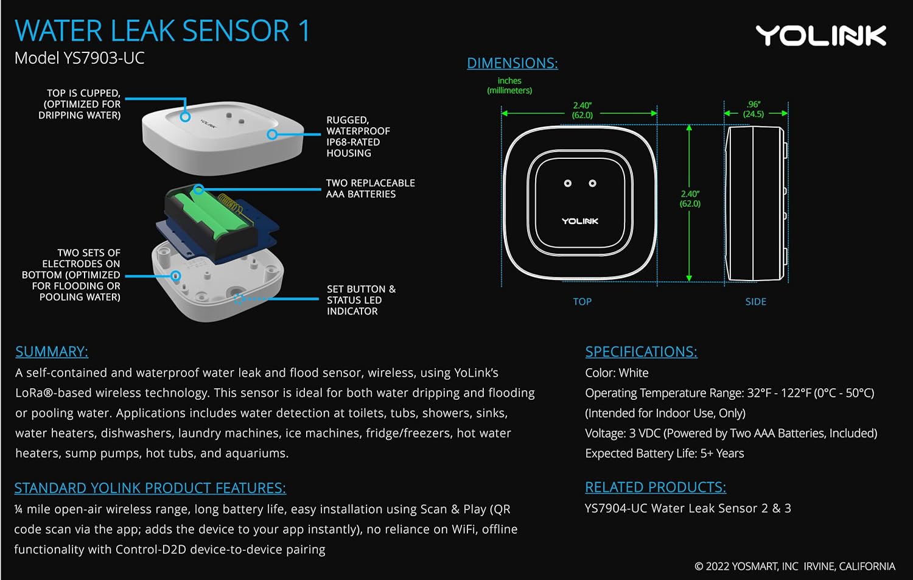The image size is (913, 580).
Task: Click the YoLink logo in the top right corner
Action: click(x=820, y=36)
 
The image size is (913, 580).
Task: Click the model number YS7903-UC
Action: click(x=79, y=58)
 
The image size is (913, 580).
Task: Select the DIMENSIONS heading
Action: click(x=512, y=63)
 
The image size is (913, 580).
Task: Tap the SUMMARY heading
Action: click(x=52, y=352)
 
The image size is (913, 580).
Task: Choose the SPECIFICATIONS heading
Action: click(x=641, y=352)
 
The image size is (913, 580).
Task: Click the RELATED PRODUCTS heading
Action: click(x=655, y=487)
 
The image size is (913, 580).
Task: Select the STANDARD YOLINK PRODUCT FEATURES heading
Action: click(x=150, y=488)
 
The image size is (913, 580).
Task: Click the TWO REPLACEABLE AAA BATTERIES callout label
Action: click(x=370, y=189)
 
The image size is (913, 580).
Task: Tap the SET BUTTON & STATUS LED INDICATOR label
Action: click(x=360, y=300)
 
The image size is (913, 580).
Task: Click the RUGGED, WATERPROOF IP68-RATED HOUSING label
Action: click(x=358, y=137)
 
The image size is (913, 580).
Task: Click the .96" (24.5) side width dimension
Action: click(x=754, y=110)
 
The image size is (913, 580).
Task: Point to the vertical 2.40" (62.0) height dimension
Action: click(x=690, y=198)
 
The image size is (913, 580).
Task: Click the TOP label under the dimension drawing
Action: click(x=582, y=302)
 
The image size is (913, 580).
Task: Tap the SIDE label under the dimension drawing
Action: click(x=755, y=302)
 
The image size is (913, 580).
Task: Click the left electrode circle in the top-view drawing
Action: click(x=567, y=183)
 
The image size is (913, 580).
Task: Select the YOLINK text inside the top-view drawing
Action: click(x=580, y=221)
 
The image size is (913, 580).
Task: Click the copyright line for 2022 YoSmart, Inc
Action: click(x=794, y=567)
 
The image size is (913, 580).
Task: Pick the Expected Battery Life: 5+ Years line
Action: click(x=664, y=453)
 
